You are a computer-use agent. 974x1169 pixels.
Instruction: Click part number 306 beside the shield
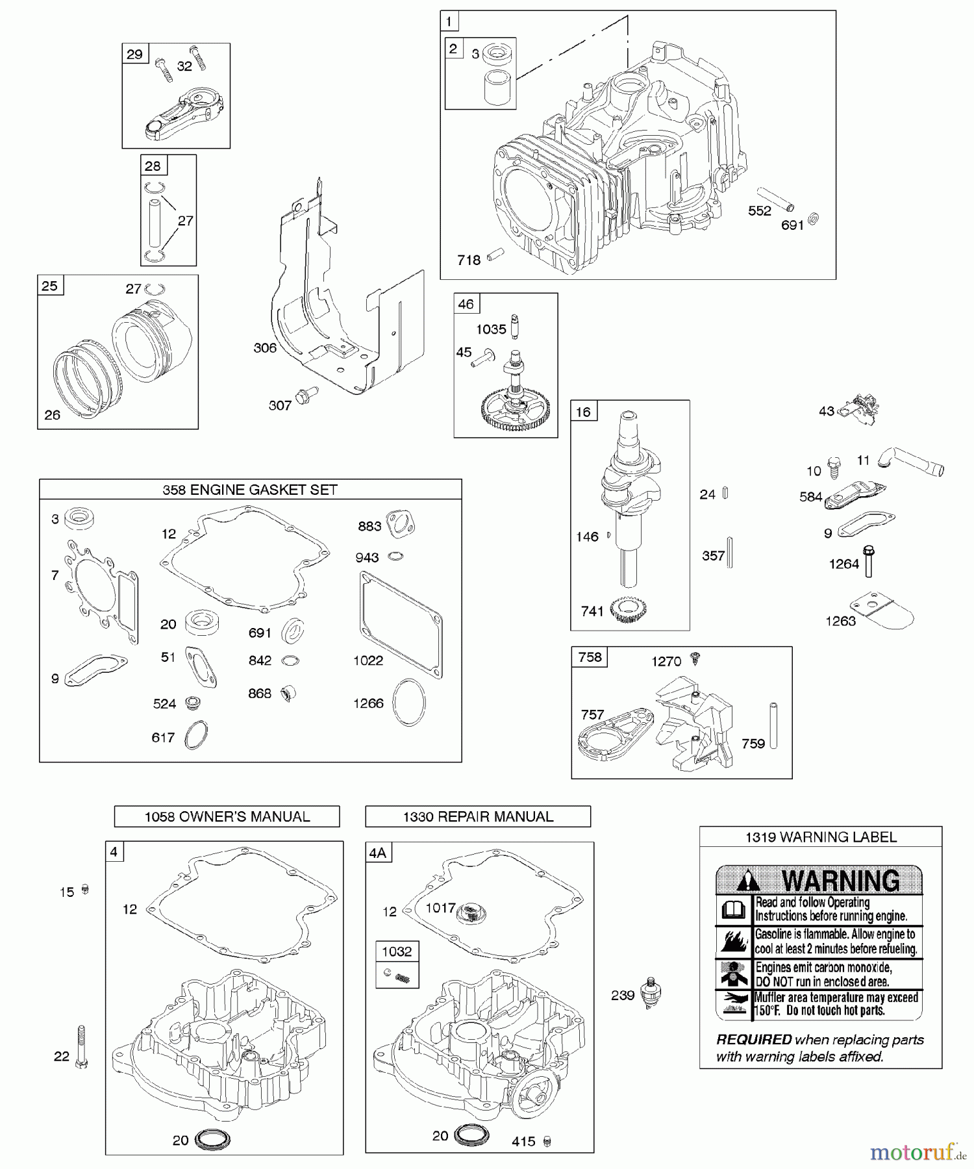(265, 348)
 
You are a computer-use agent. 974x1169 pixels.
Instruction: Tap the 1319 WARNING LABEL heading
(821, 837)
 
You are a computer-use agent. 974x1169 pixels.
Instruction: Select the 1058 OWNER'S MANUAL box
(227, 817)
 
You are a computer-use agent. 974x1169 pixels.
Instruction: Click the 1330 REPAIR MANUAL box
(478, 817)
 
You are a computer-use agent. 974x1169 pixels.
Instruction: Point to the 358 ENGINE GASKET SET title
(250, 490)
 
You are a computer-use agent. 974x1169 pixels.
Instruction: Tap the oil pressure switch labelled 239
(650, 993)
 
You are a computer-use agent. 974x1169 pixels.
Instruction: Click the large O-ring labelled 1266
(410, 702)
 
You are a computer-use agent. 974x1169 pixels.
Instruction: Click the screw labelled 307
(305, 395)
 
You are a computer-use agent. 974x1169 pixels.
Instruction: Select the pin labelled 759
(773, 725)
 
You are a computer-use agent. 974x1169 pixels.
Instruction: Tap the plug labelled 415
(547, 1141)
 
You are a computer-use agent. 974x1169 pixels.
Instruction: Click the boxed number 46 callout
(466, 304)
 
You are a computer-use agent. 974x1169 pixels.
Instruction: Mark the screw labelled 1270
(696, 658)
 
